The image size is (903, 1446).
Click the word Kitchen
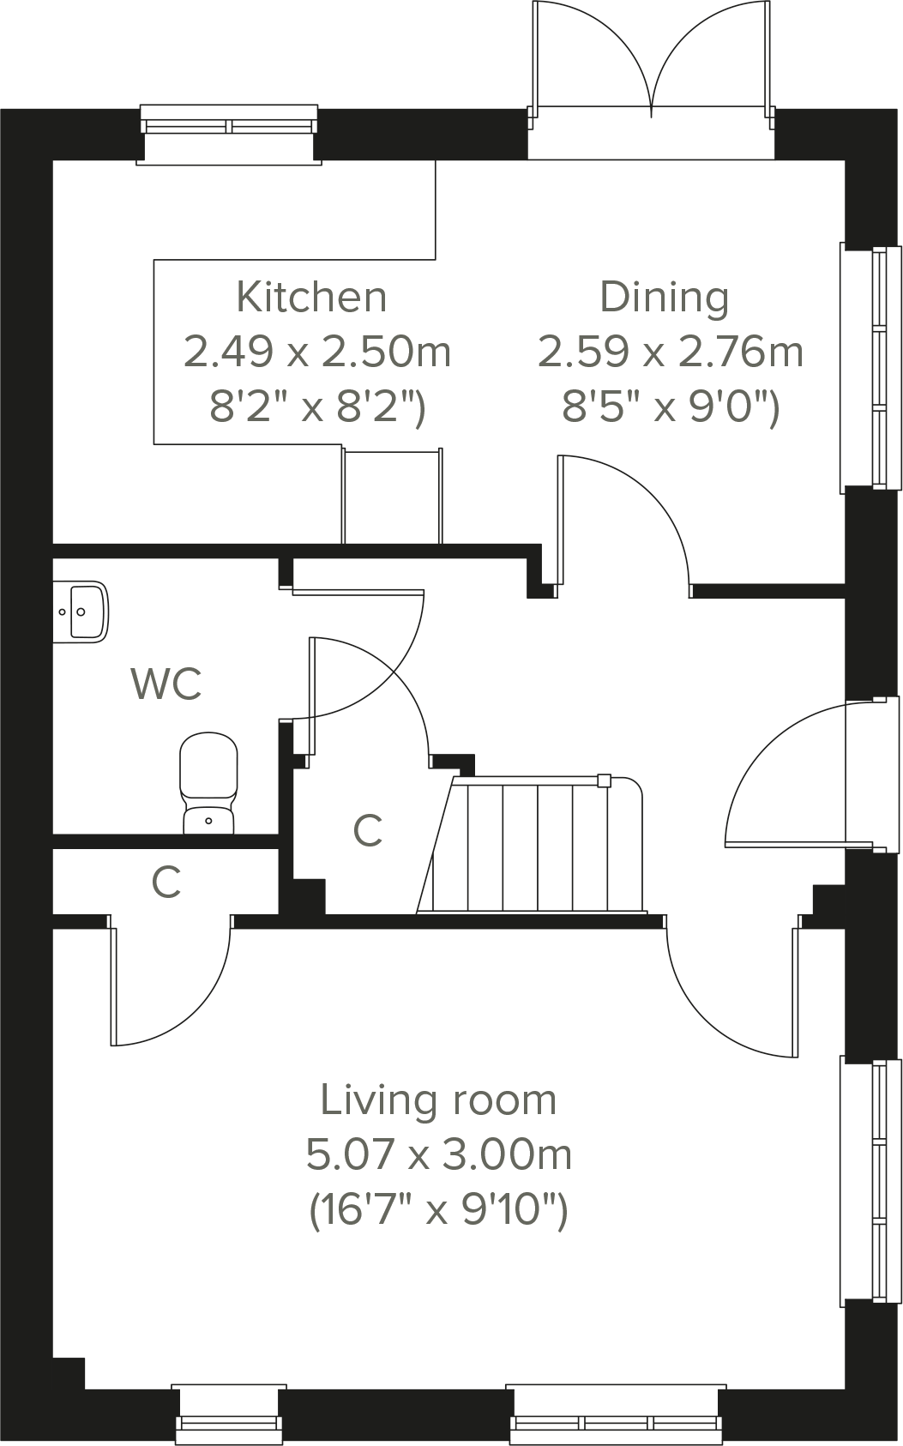(x=311, y=298)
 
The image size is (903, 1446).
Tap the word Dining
(x=665, y=298)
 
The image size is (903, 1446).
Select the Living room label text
(x=438, y=1100)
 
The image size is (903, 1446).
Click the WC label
(x=166, y=684)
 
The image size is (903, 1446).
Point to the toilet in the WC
(x=208, y=780)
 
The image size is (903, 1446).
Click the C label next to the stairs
(x=368, y=830)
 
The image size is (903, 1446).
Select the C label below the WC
(x=166, y=882)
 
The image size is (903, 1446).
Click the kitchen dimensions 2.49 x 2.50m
(x=317, y=352)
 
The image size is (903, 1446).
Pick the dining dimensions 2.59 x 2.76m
(x=671, y=352)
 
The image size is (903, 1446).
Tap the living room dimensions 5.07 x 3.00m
(x=438, y=1155)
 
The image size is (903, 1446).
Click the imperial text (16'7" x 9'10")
(x=438, y=1210)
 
